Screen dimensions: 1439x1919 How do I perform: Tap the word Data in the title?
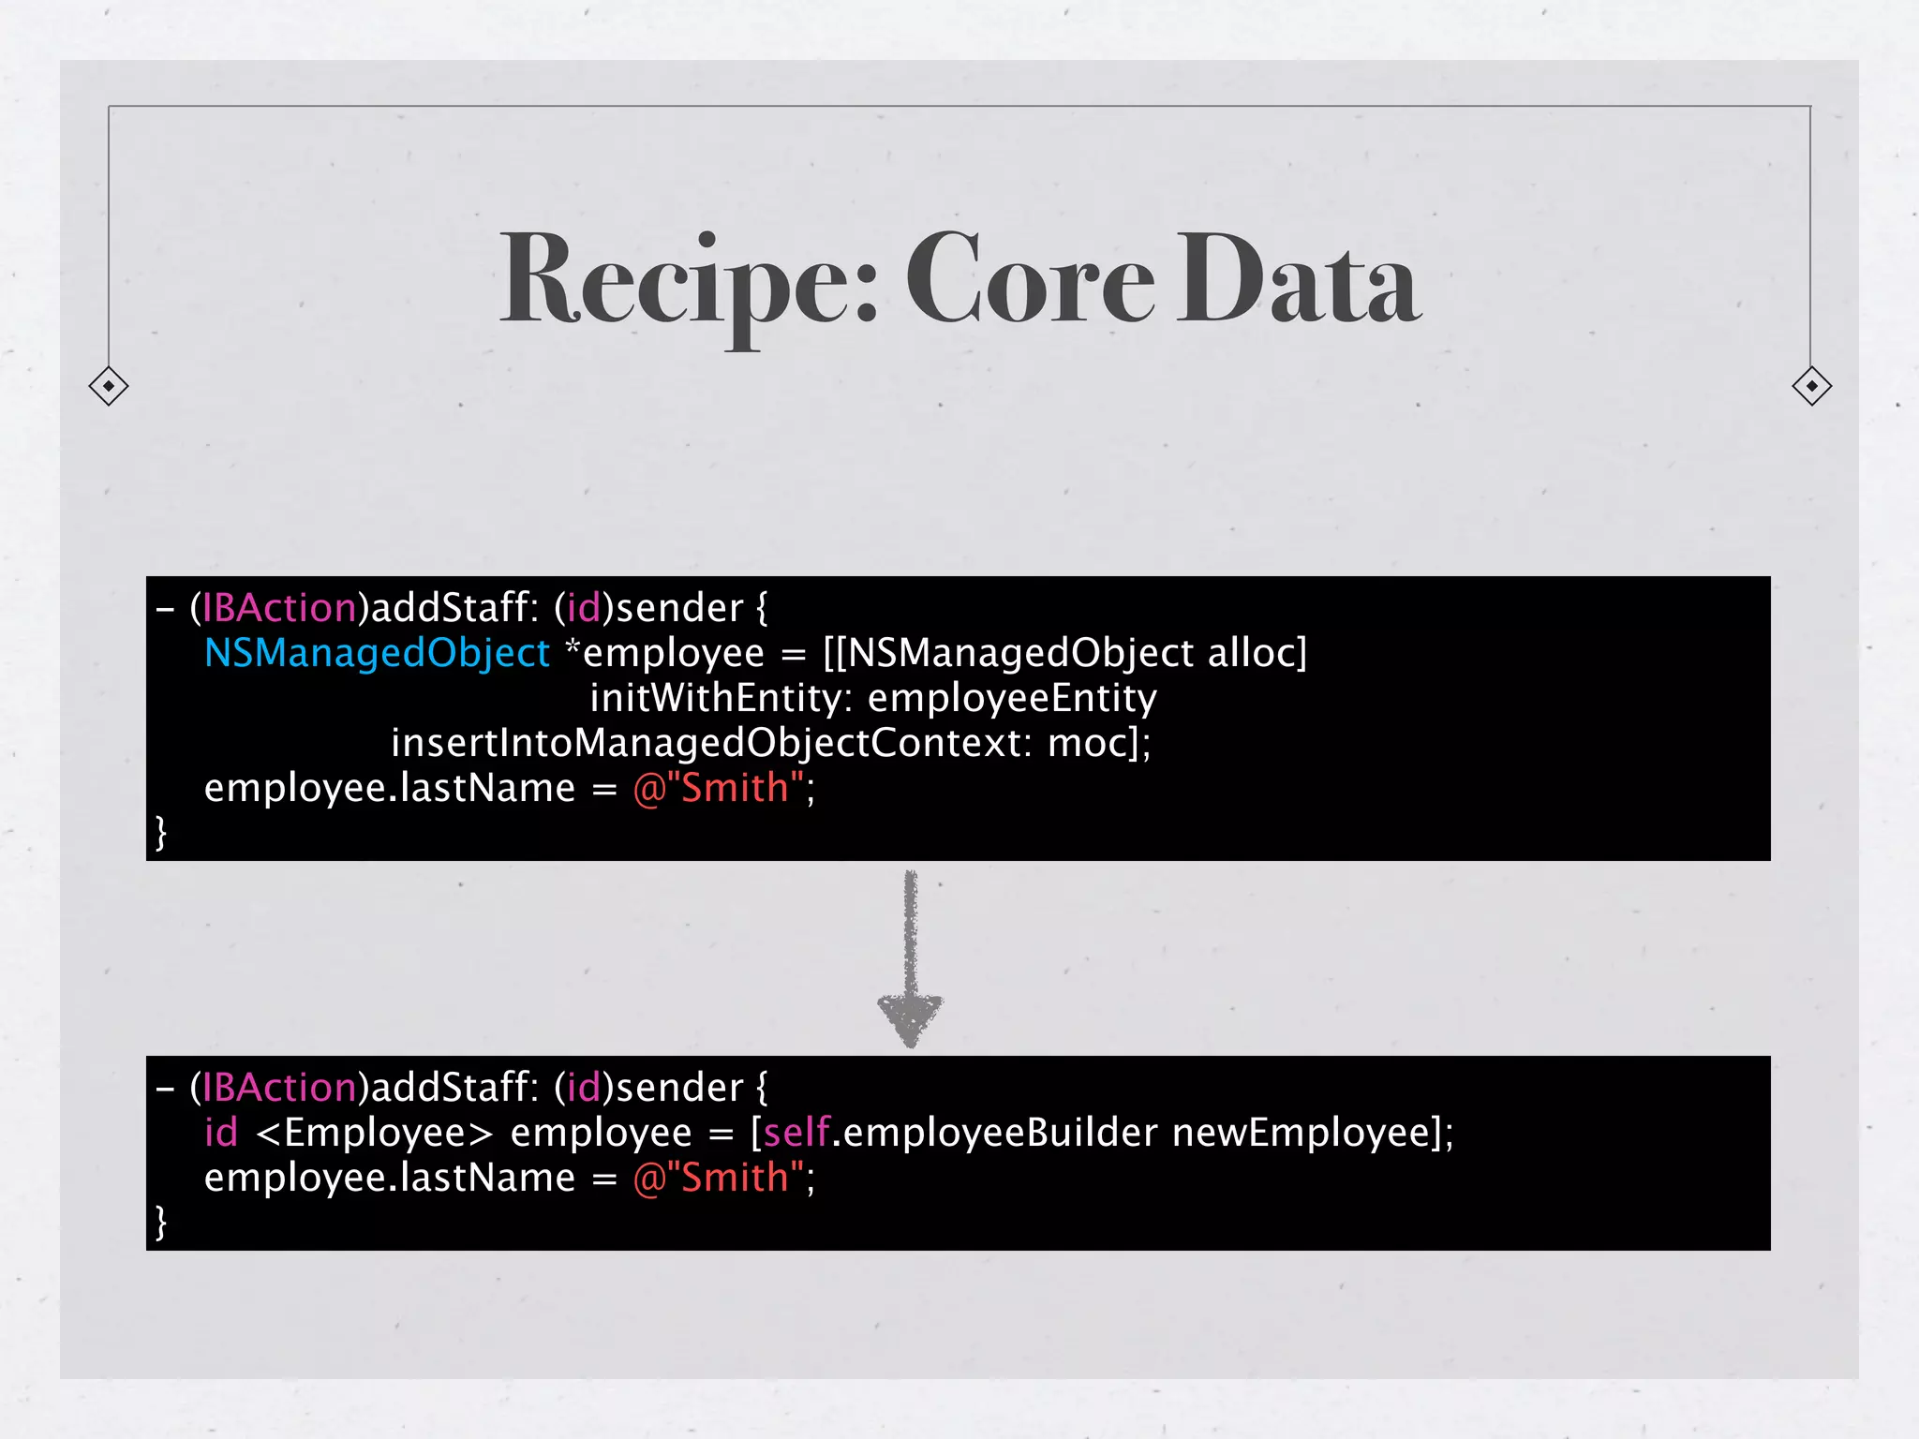[x=1300, y=281]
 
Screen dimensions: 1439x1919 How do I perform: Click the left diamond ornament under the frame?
[x=109, y=386]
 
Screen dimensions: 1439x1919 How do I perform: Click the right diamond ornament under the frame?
[x=1811, y=386]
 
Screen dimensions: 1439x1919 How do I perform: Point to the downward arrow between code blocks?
[x=910, y=960]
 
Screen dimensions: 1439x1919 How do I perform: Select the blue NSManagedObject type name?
[x=377, y=653]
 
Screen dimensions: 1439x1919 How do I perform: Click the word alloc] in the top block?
[x=1257, y=653]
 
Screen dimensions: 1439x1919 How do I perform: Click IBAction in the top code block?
[x=279, y=608]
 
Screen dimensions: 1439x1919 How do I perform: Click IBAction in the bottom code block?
[x=279, y=1088]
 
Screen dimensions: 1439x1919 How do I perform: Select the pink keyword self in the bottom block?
[x=796, y=1133]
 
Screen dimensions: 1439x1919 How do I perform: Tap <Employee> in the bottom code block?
[x=374, y=1133]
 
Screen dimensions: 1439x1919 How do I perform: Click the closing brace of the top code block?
[x=161, y=832]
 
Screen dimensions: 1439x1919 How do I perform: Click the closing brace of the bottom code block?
[x=161, y=1222]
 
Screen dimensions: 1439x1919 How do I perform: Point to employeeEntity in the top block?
[x=1012, y=698]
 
